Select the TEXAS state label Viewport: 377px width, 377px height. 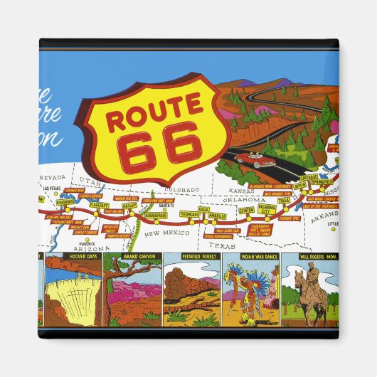[225, 245]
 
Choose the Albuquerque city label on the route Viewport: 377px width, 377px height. [155, 214]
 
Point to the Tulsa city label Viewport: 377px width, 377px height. [284, 201]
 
